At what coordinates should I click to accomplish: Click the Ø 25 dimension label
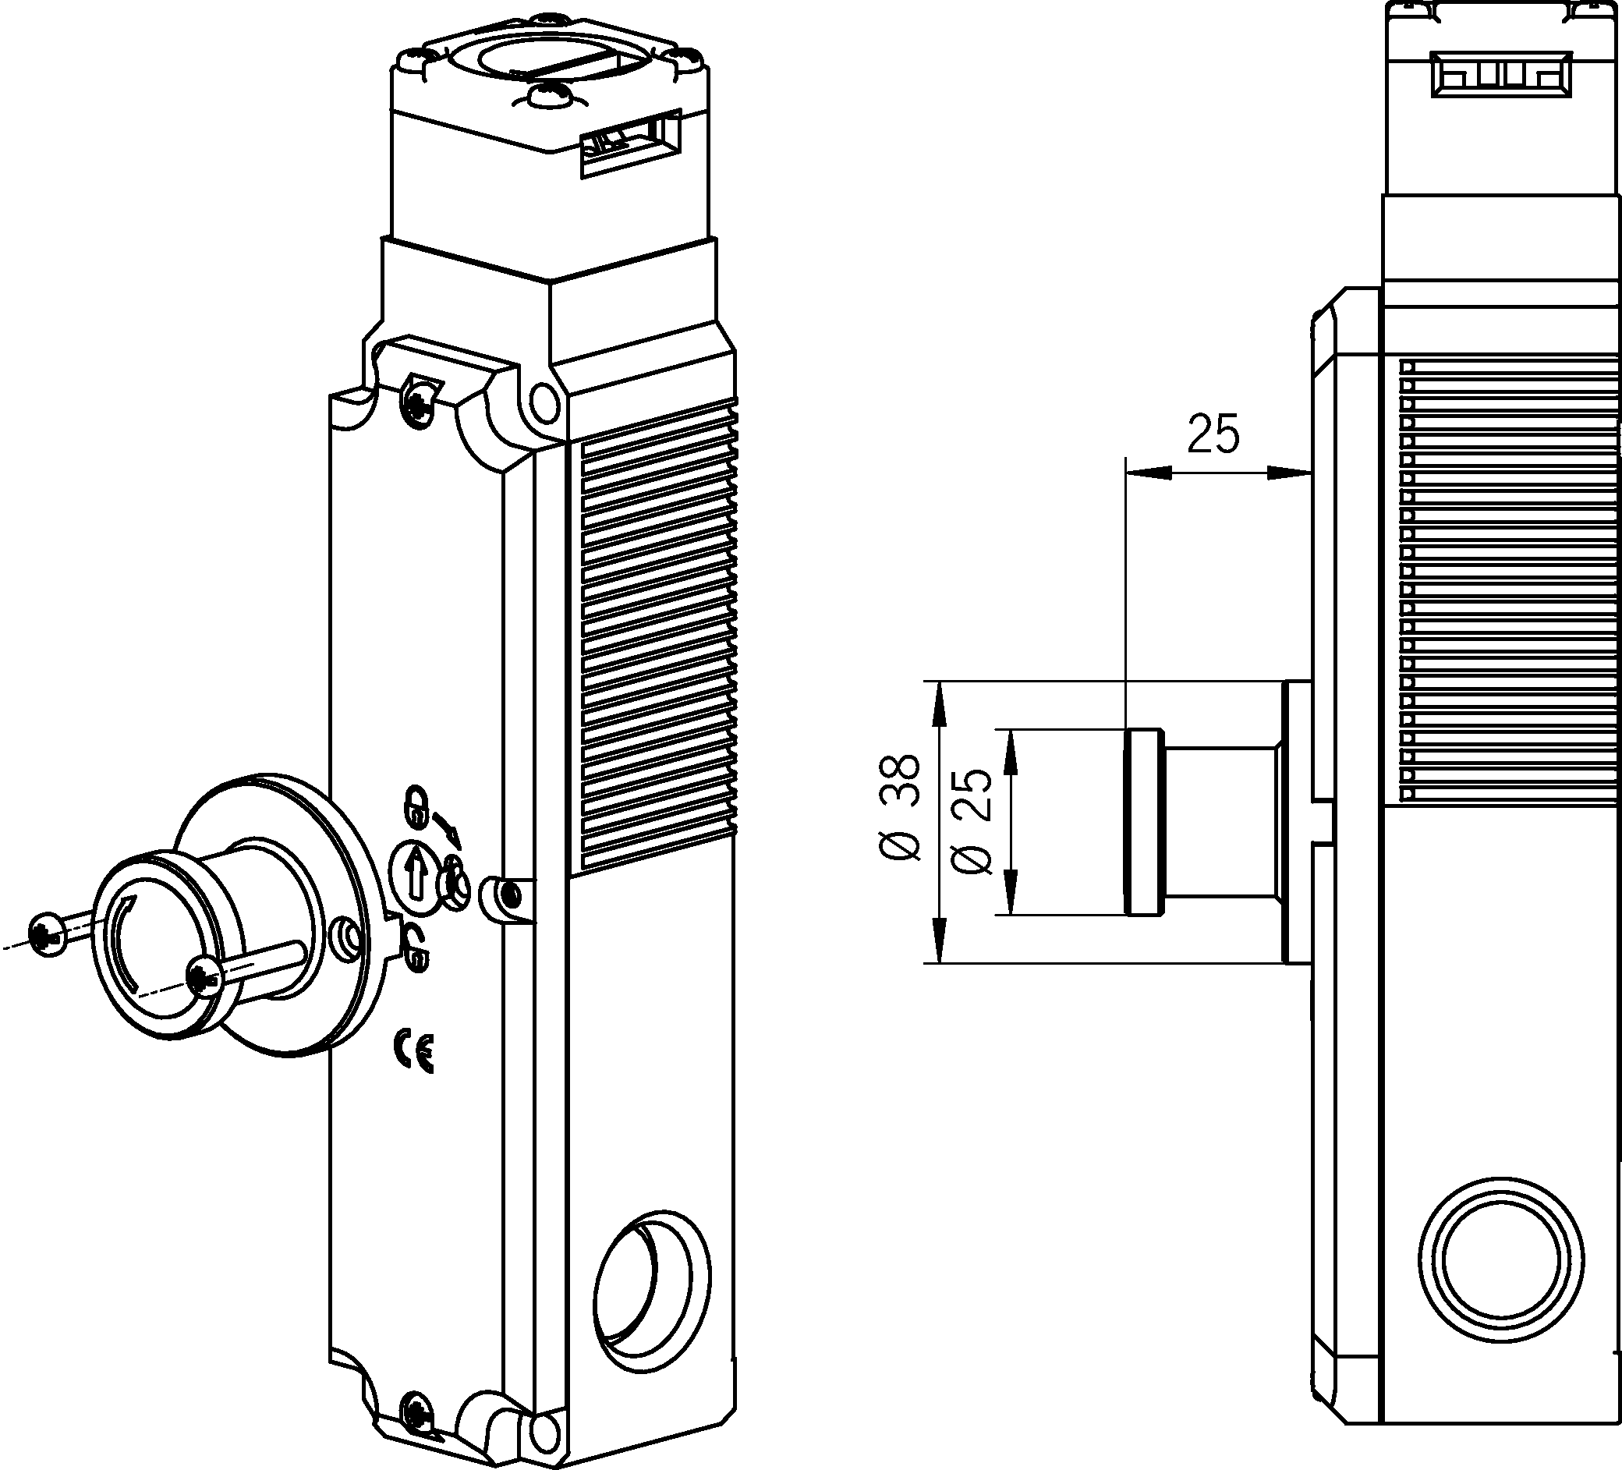(x=971, y=820)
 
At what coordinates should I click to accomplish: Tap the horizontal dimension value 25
(x=1214, y=434)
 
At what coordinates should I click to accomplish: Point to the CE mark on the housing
(x=414, y=1050)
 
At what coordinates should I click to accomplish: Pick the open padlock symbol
(x=416, y=948)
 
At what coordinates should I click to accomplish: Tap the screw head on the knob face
(x=204, y=979)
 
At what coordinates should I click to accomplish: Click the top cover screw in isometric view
(x=419, y=399)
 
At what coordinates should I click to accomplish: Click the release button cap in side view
(x=1142, y=821)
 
